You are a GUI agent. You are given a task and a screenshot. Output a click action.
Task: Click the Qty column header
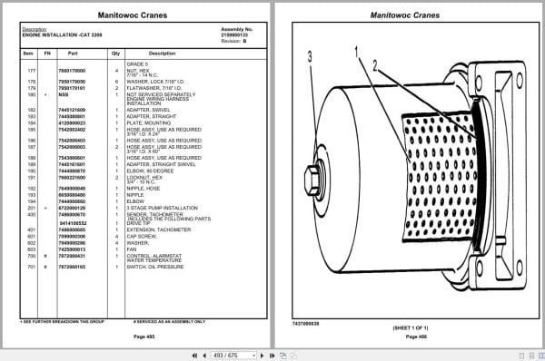tap(116, 54)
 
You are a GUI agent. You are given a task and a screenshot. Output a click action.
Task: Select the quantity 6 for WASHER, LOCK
tap(116, 81)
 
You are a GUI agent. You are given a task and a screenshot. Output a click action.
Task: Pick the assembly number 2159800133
tap(235, 33)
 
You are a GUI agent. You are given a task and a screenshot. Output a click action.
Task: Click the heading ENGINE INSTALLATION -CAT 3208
tap(61, 33)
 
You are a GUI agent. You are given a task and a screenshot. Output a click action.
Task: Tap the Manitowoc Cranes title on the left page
tap(135, 15)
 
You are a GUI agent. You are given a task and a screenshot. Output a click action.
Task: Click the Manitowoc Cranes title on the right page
tap(409, 15)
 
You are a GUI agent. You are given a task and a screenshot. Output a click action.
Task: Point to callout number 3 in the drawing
tap(310, 55)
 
